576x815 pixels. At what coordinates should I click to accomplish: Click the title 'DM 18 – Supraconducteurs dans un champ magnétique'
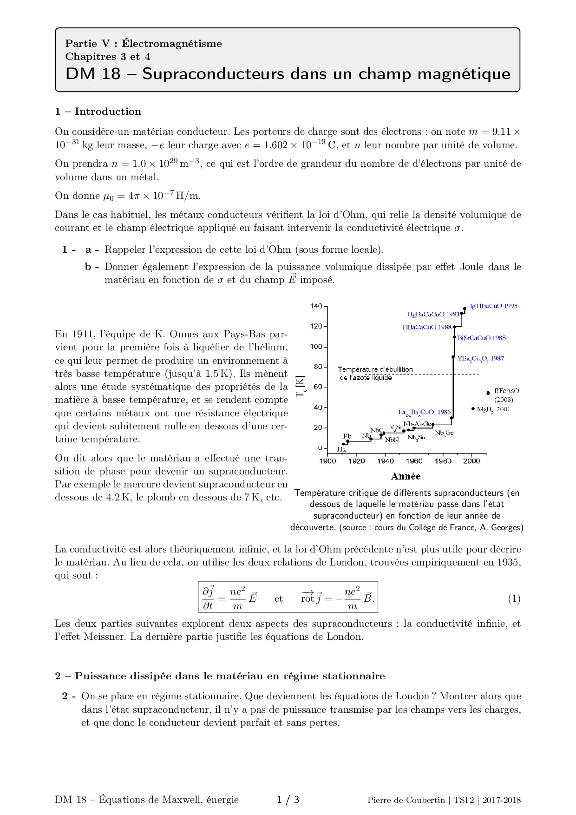[288, 73]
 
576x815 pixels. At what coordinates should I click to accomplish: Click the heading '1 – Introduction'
[98, 112]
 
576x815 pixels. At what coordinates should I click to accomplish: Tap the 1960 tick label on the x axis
[414, 461]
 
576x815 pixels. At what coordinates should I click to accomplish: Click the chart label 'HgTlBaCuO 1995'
[492, 306]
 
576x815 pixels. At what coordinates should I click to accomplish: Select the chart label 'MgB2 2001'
[493, 409]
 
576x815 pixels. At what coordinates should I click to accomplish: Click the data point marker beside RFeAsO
[488, 393]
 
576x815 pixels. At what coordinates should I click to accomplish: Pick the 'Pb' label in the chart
[347, 436]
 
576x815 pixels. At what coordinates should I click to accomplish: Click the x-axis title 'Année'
[406, 476]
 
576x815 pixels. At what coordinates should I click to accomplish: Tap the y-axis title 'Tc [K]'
[301, 386]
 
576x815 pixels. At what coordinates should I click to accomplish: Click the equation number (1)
[514, 598]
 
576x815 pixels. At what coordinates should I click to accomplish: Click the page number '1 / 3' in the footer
[288, 800]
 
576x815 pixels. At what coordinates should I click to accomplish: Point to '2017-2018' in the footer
[501, 800]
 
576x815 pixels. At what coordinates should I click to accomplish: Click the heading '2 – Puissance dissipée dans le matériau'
[220, 676]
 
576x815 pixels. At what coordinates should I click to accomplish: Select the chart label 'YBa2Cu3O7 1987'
[480, 358]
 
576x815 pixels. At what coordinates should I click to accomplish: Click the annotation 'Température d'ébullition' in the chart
[375, 369]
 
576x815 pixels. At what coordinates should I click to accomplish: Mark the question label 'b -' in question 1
[92, 267]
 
